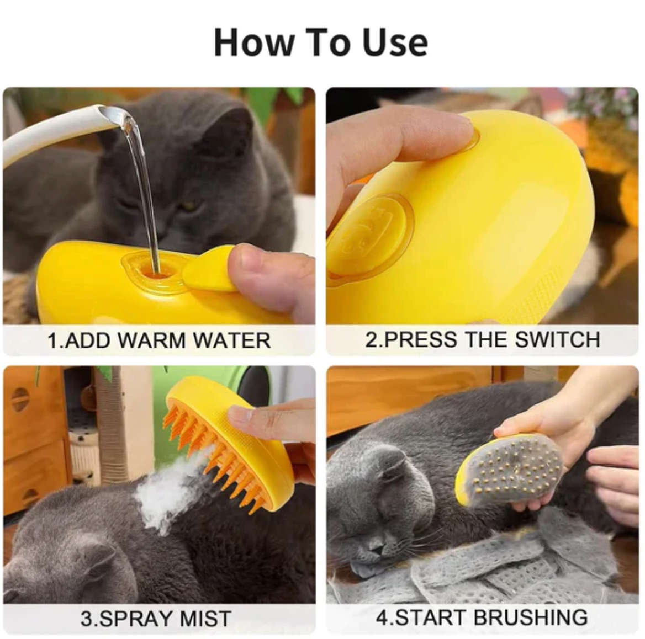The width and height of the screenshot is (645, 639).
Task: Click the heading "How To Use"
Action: tap(321, 42)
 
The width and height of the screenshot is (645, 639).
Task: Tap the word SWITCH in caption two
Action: tap(558, 339)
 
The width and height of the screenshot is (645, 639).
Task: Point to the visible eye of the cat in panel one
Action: tap(188, 206)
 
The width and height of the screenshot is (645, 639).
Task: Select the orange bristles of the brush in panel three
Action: tap(221, 452)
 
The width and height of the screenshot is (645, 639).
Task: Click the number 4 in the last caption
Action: tap(382, 617)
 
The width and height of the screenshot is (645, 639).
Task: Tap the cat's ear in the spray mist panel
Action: tap(94, 557)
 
